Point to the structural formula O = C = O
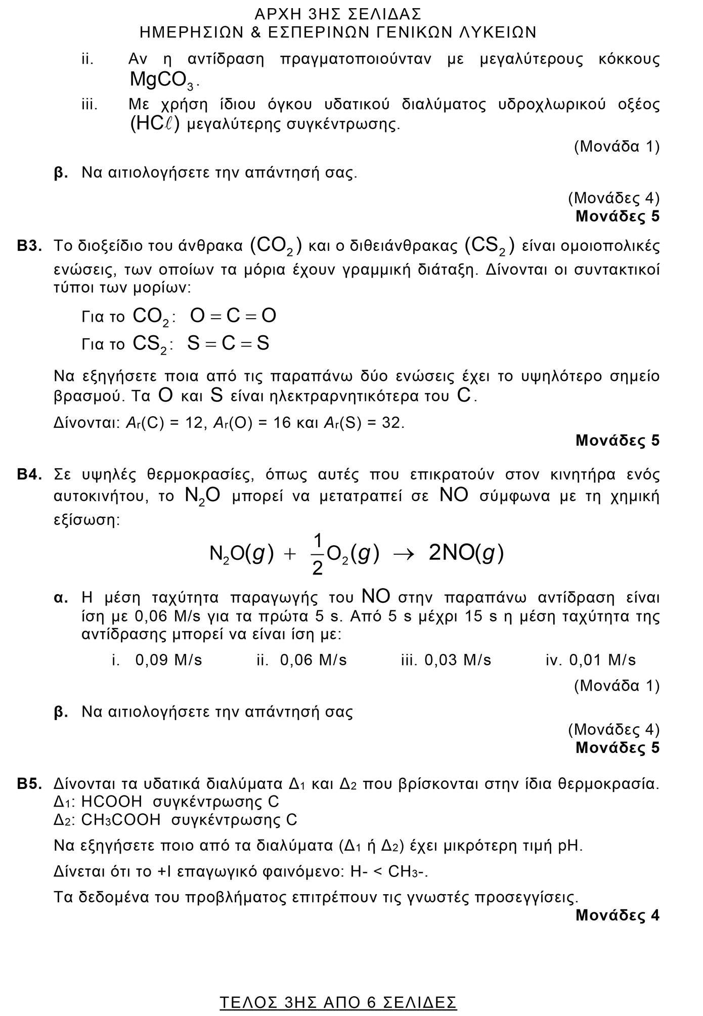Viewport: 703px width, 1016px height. [233, 316]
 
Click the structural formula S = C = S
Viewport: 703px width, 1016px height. [228, 343]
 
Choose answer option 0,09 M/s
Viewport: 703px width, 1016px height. [168, 660]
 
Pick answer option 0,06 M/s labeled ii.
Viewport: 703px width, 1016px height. [313, 660]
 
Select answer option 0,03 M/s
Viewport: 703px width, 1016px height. [458, 660]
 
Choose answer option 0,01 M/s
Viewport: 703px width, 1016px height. [602, 660]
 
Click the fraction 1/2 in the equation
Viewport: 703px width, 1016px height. [318, 555]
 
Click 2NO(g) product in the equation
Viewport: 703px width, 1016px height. [466, 554]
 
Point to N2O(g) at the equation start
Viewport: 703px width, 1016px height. [241, 554]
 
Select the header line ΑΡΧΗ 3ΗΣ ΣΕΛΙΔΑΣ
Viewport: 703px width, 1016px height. [338, 13]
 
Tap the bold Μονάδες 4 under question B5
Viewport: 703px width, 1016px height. [618, 916]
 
